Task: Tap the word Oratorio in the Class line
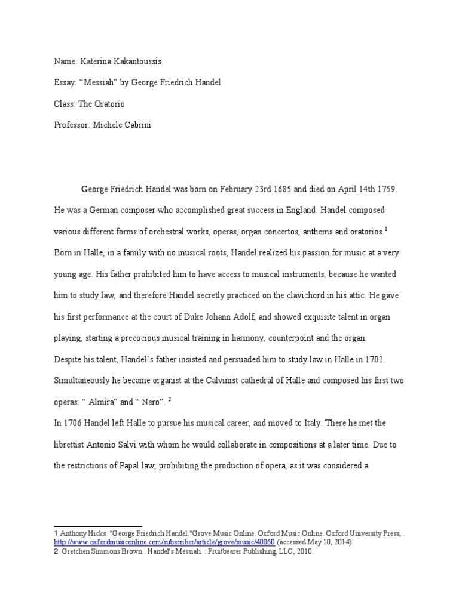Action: (x=109, y=104)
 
